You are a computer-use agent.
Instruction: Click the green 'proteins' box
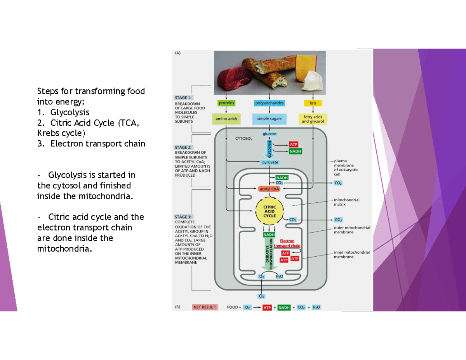click(226, 103)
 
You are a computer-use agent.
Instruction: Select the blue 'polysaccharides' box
click(270, 103)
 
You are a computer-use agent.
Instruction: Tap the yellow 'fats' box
click(313, 103)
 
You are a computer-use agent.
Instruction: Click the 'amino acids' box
click(226, 118)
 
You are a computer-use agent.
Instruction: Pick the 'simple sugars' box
click(270, 118)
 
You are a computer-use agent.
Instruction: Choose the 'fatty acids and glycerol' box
click(313, 119)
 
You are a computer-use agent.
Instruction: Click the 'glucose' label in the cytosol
click(270, 134)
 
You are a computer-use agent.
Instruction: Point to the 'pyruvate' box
click(270, 162)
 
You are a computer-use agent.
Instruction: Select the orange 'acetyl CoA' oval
click(270, 189)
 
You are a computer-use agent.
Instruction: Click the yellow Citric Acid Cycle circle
click(270, 212)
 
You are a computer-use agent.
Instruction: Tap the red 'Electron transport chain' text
click(287, 243)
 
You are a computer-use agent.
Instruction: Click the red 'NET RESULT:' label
click(205, 307)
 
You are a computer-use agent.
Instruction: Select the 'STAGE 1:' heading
click(183, 98)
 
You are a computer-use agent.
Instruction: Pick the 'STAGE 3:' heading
click(183, 217)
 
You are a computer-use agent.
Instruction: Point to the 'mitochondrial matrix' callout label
click(346, 202)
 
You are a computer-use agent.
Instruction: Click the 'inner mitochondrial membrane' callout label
click(351, 254)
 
